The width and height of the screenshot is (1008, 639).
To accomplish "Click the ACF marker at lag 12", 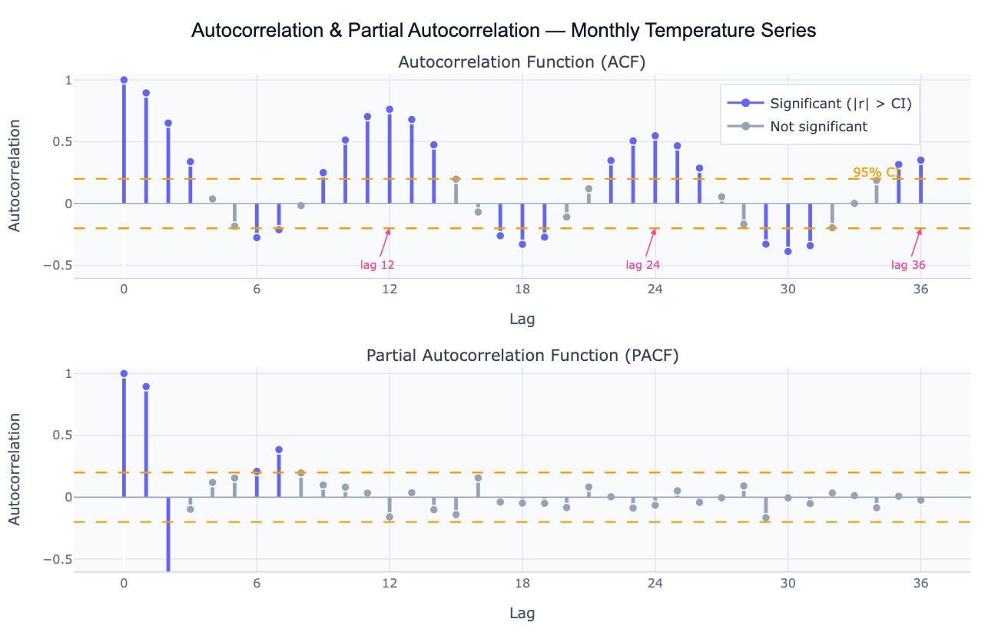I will pos(390,109).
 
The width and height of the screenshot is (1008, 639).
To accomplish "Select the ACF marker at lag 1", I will pos(146,93).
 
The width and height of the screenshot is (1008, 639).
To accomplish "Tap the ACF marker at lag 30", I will pos(787,251).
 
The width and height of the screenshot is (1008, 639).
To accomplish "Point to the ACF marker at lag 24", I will pos(655,136).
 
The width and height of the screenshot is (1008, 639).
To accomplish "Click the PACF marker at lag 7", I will pos(279,449).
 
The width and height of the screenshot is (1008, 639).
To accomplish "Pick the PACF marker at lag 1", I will pos(146,386).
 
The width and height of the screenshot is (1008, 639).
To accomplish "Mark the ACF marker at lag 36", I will pos(920,160).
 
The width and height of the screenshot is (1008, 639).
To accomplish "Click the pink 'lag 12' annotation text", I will pos(377,265).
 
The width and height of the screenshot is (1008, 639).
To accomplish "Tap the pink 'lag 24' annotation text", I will pos(643,265).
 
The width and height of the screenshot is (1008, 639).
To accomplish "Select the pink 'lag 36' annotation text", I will pos(908,265).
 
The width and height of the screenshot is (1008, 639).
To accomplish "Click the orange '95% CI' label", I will pos(876,173).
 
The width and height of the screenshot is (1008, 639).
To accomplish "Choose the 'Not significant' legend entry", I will pos(818,127).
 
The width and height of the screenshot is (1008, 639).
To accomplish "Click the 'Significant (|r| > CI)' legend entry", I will pos(841,104).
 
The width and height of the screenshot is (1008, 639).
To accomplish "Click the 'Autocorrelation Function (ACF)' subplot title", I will pos(522,61).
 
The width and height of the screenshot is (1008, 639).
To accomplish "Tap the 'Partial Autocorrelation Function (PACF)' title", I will pos(522,356).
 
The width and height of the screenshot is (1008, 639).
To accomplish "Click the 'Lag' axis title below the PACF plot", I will pos(522,613).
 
